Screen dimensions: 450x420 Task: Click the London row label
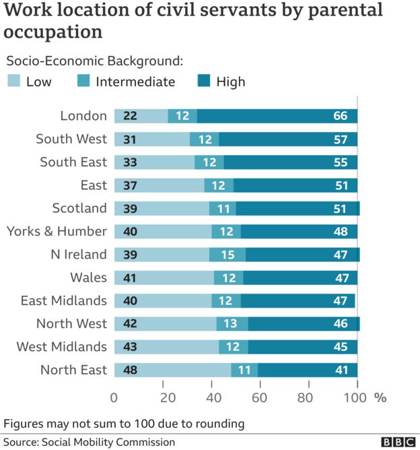pos(83,116)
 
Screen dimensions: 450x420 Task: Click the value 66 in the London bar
pos(340,116)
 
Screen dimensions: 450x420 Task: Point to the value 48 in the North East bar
pos(131,370)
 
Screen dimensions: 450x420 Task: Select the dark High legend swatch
pos(203,82)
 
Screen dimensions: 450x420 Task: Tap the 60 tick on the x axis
pos(260,397)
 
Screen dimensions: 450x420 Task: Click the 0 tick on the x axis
pos(114,397)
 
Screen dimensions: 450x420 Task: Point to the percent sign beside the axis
pos(380,397)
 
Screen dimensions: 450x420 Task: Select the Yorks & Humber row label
pos(57,231)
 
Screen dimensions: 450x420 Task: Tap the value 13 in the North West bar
pos(230,324)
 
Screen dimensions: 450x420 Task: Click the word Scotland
pos(79,208)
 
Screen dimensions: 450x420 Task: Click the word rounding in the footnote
pos(217,424)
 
